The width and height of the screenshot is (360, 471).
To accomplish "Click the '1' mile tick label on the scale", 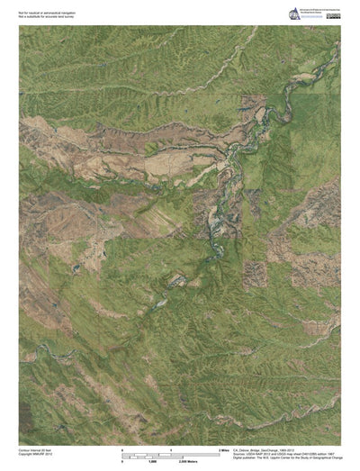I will click(171, 448).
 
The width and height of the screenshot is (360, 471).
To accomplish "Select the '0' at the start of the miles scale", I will click(122, 448).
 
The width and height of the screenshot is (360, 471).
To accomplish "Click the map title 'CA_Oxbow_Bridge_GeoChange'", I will click(261, 447).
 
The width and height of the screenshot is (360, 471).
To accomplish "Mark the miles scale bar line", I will click(171, 452).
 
